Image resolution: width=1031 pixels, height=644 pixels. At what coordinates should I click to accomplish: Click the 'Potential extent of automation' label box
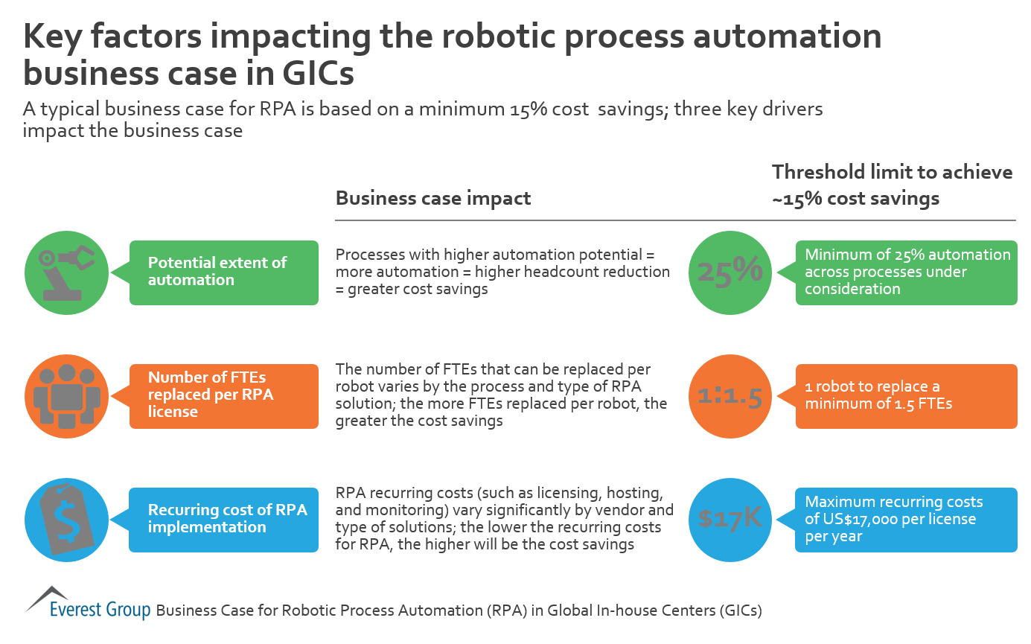224,272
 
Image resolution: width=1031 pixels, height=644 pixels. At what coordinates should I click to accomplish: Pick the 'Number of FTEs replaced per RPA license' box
224,395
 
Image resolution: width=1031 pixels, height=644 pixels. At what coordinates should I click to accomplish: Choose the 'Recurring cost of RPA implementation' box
224,519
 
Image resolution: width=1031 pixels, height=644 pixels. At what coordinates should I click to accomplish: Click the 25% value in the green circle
730,272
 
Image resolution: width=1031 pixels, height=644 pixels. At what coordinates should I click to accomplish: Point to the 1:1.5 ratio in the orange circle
730,397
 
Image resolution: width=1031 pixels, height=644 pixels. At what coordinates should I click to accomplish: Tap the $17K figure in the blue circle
730,518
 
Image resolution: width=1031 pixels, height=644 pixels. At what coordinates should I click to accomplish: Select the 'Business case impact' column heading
433,199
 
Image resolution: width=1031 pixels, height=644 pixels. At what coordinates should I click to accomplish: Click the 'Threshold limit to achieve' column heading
892,173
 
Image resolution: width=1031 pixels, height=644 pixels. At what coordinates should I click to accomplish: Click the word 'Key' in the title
57,37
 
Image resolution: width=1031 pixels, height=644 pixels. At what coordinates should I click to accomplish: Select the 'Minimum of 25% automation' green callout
906,272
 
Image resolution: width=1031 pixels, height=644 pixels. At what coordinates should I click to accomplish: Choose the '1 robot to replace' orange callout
906,396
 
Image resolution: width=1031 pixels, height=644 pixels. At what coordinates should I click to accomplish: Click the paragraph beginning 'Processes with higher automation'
502,272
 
